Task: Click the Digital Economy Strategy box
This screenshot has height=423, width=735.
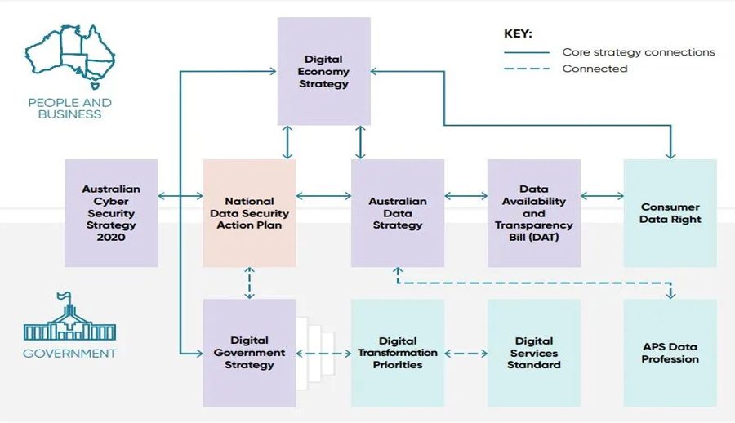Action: coord(323,72)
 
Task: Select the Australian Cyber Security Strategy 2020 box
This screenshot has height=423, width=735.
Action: coord(111,212)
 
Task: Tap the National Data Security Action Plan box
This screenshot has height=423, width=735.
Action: coord(249,212)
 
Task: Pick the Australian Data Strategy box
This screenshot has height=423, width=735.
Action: coord(398,212)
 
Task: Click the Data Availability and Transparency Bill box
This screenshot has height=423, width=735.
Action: coord(534,212)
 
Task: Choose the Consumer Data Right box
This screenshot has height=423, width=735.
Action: coord(670,212)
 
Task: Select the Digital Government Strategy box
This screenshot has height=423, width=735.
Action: coord(249,353)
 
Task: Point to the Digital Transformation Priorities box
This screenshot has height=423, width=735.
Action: coord(398,353)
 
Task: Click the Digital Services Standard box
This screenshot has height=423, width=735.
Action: coord(534,353)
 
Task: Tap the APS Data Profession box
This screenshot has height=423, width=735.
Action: coord(670,353)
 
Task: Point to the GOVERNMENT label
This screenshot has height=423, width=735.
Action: coord(69,354)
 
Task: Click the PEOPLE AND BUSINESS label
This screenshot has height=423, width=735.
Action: coord(69,109)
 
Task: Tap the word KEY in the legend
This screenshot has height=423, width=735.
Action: coord(518,34)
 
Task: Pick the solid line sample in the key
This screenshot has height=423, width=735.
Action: coord(526,52)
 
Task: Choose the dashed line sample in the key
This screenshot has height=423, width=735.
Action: coord(526,69)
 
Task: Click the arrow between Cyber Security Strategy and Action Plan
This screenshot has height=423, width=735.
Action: coord(180,196)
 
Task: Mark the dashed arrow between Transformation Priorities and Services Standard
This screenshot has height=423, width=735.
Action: coord(465,354)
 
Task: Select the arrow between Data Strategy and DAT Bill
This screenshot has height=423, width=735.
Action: coord(465,196)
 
